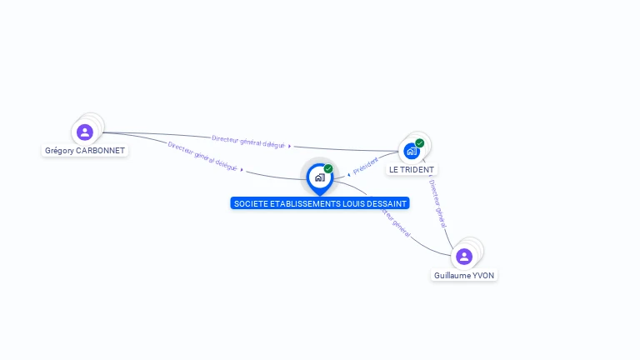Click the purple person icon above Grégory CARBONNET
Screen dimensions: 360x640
[84, 132]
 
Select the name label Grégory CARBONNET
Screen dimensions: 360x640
[85, 151]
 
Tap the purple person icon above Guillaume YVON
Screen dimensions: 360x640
[464, 256]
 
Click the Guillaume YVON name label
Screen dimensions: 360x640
[465, 275]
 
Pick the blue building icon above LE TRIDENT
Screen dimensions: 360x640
[411, 151]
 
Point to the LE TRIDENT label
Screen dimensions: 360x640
[412, 169]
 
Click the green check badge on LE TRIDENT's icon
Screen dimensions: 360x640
[420, 143]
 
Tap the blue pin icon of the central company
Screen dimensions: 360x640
[319, 177]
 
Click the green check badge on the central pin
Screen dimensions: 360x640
[328, 169]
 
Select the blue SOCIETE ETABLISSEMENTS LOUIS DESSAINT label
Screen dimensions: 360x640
[320, 203]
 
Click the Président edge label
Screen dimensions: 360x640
[365, 165]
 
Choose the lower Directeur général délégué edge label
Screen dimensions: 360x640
[202, 156]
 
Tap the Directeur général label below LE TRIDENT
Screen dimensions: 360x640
[438, 202]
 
